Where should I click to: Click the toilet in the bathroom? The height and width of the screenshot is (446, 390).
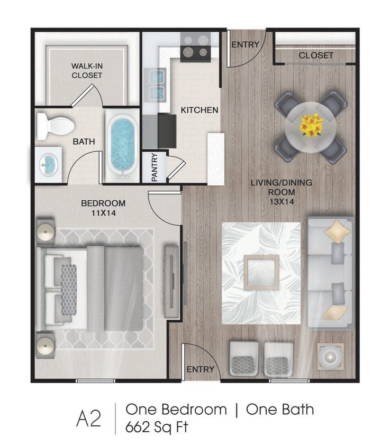coord(55,126)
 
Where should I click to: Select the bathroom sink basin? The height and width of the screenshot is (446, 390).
coord(49,164)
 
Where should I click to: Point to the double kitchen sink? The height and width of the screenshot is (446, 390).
coord(157,85)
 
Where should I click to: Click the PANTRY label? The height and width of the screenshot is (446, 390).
coord(155,168)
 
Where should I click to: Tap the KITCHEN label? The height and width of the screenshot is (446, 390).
coord(199,110)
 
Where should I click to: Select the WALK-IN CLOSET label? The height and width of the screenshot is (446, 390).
coord(87,71)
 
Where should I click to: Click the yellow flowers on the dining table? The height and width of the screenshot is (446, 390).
coord(311,125)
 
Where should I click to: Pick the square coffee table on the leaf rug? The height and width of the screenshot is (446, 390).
coord(261,272)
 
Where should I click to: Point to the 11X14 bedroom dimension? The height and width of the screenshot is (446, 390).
coord(103,213)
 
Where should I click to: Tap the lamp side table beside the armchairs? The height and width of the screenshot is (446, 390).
coord(330,357)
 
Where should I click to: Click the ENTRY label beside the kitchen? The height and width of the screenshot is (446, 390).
coord(246,44)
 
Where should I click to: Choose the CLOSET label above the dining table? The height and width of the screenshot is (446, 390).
coord(316,55)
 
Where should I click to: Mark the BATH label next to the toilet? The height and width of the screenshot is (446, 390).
coord(84,142)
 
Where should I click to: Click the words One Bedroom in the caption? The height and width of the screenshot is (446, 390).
coord(176,410)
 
